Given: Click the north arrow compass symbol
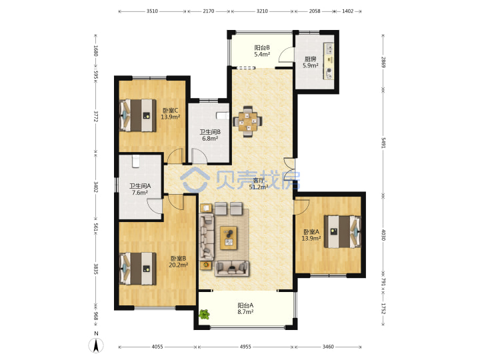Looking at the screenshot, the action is click(96, 345).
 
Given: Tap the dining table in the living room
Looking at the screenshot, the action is click(248, 121).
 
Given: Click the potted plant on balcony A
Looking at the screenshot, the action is click(204, 314).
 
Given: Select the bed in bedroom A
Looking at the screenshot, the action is click(343, 231).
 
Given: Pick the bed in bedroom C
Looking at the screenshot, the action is click(137, 115).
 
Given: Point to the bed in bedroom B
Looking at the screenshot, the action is click(137, 269).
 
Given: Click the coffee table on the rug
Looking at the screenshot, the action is click(229, 238).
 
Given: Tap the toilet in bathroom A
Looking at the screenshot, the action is click(136, 161).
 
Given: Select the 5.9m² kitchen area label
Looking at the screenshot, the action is click(311, 65).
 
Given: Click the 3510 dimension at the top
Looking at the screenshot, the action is click(152, 11).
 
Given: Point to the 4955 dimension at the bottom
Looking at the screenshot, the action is click(245, 347).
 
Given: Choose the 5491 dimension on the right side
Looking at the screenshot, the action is click(383, 143).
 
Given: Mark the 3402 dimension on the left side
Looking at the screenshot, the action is click(96, 187).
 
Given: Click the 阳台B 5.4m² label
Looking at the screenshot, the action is click(262, 51).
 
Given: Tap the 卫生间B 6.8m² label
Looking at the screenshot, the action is click(210, 135).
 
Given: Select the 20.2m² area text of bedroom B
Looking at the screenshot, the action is click(179, 265).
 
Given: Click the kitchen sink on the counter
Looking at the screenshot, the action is click(330, 48).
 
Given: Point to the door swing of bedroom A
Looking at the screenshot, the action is click(301, 207).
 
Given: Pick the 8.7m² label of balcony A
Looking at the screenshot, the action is click(245, 312).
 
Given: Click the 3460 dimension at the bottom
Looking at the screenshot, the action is click(328, 347).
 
